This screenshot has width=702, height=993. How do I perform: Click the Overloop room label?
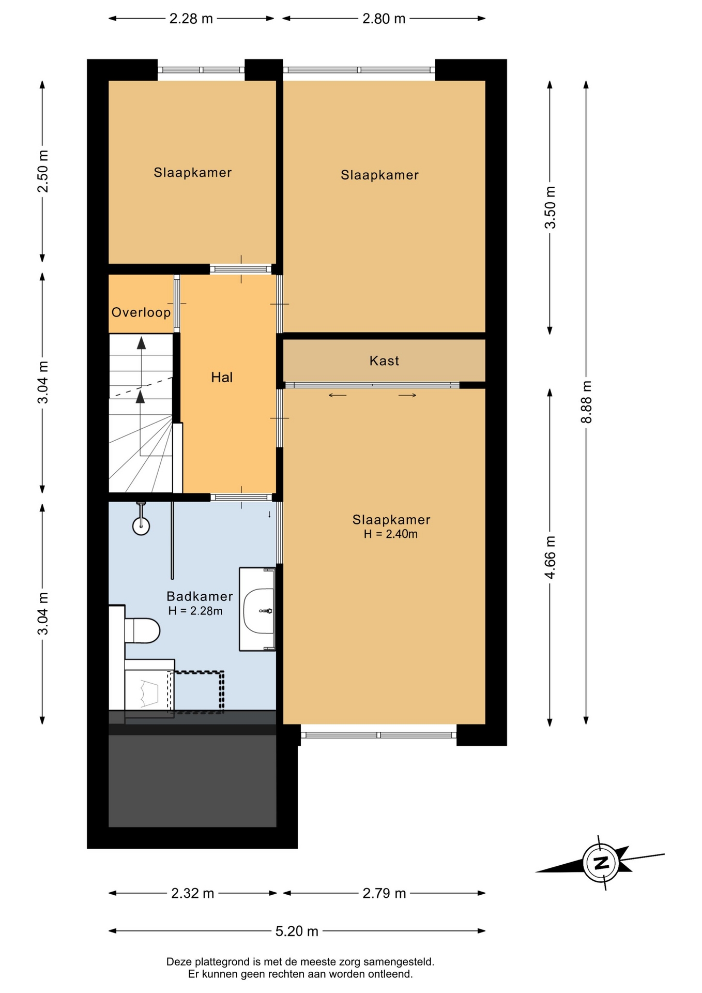pyautogui.click(x=141, y=312)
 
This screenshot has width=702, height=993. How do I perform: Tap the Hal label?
pyautogui.click(x=222, y=378)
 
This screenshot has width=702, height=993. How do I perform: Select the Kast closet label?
pyautogui.click(x=384, y=360)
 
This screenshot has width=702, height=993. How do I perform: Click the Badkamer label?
pyautogui.click(x=200, y=596)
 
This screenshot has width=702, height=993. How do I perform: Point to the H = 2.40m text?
pyautogui.click(x=391, y=534)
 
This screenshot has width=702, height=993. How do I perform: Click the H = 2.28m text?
pyautogui.click(x=195, y=611)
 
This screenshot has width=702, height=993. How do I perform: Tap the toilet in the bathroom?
pyautogui.click(x=142, y=630)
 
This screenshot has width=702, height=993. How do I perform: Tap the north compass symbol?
pyautogui.click(x=601, y=863)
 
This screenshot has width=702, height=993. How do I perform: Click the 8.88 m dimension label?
pyautogui.click(x=586, y=402)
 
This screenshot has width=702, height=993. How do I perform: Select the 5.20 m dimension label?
pyautogui.click(x=297, y=931)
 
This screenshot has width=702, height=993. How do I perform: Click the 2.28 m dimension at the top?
pyautogui.click(x=191, y=19)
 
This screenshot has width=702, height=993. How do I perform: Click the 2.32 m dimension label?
pyautogui.click(x=193, y=893)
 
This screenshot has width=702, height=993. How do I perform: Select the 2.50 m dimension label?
pyautogui.click(x=43, y=171)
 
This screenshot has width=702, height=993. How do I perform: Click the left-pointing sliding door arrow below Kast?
pyautogui.click(x=338, y=396)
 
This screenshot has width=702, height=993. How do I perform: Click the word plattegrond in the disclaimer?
pyautogui.click(x=223, y=962)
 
